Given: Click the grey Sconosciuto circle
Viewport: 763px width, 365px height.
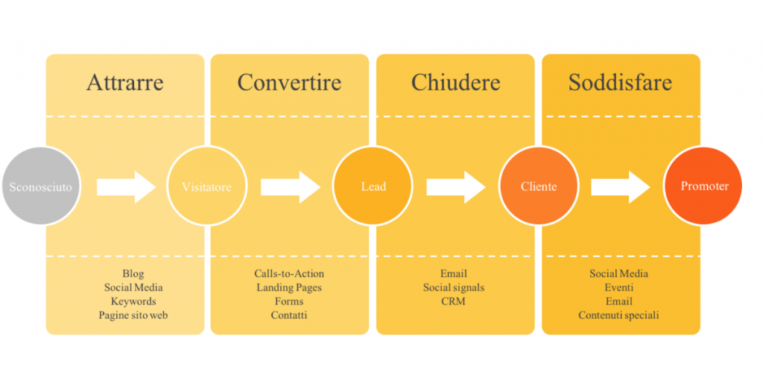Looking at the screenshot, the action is click(x=41, y=186).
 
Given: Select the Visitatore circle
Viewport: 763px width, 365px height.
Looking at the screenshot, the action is click(x=207, y=186).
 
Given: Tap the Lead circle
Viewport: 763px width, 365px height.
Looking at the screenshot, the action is click(x=373, y=186).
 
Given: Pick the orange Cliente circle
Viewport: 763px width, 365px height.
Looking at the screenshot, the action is click(x=539, y=186).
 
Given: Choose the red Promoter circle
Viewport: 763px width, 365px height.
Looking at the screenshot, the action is click(x=703, y=186).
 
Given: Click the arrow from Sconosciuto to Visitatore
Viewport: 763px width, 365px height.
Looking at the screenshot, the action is click(x=127, y=187).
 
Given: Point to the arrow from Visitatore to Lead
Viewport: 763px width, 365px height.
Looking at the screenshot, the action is click(x=291, y=187).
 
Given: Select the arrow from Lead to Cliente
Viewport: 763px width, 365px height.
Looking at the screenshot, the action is click(x=457, y=187).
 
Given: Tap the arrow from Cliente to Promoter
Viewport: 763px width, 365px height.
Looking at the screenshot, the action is click(x=621, y=187).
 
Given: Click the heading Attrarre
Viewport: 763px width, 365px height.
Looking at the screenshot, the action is click(x=125, y=83).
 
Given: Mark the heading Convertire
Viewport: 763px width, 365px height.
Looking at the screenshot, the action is click(x=290, y=83).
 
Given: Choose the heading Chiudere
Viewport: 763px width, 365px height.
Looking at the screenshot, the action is click(x=455, y=83).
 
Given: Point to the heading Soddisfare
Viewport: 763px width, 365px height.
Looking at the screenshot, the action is click(x=621, y=83).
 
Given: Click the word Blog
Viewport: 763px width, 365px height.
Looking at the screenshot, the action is click(x=133, y=274).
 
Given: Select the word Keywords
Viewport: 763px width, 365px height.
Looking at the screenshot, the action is click(x=133, y=301).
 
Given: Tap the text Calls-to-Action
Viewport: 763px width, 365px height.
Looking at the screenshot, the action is click(x=289, y=274).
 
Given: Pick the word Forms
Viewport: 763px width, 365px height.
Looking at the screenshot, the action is click(x=289, y=301).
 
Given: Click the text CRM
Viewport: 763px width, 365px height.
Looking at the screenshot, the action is click(x=454, y=301).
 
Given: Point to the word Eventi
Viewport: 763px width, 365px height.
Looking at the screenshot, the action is click(x=619, y=288).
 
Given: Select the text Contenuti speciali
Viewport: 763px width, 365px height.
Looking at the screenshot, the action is click(x=619, y=315).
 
